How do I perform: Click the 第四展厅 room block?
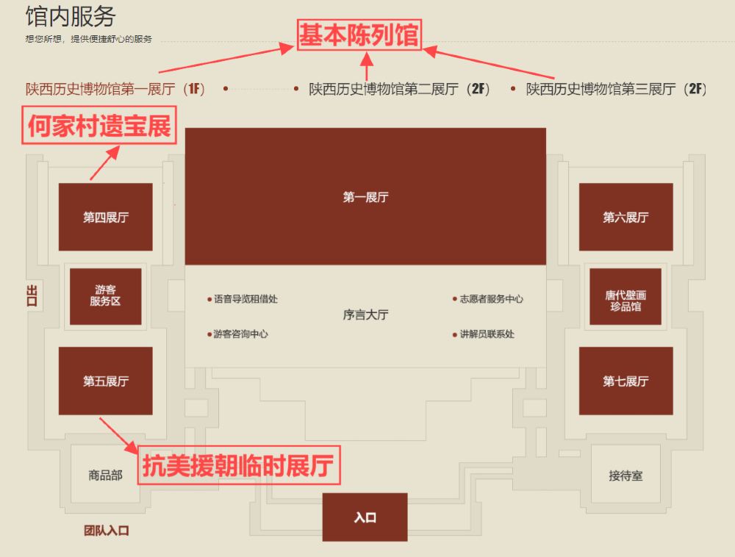pyautogui.click(x=105, y=217)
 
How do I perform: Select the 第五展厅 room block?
pyautogui.click(x=105, y=381)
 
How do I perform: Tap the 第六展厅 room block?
pyautogui.click(x=625, y=217)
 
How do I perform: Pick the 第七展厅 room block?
pyautogui.click(x=625, y=381)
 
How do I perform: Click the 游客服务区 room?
pyautogui.click(x=105, y=296)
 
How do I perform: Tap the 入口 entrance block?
pyautogui.click(x=365, y=517)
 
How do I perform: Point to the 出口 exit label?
pyautogui.click(x=31, y=295)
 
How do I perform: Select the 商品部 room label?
pyautogui.click(x=105, y=475)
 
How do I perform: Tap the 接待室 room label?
pyautogui.click(x=625, y=475)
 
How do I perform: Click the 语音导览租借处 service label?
pyautogui.click(x=245, y=299)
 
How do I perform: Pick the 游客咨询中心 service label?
pyautogui.click(x=240, y=334)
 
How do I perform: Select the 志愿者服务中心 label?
pyautogui.click(x=491, y=299)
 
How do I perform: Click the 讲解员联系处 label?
pyautogui.click(x=487, y=334)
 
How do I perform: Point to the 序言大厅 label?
pyautogui.click(x=365, y=315)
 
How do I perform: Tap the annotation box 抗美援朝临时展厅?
pyautogui.click(x=237, y=465)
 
